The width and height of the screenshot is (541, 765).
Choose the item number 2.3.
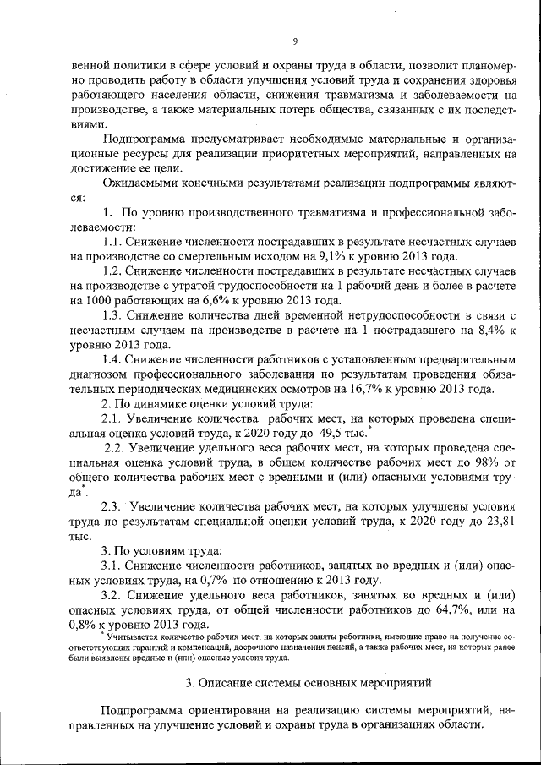112,507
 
